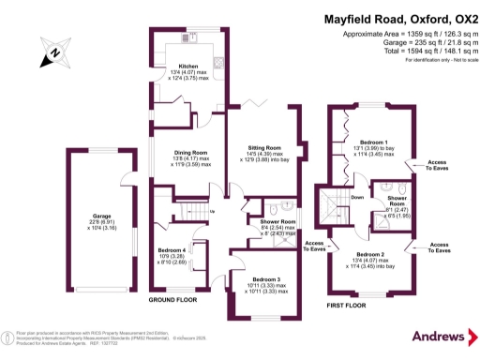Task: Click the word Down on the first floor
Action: (x=357, y=198)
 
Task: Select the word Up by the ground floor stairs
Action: (x=212, y=211)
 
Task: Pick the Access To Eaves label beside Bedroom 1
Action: (x=438, y=163)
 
